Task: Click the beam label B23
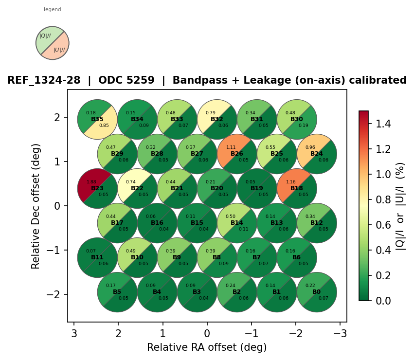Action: (x=97, y=188)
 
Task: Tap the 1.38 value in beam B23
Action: (x=91, y=182)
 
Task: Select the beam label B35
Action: (x=97, y=119)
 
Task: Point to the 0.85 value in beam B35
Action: (x=104, y=126)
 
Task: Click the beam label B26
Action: (x=237, y=154)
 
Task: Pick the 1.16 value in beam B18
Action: (x=291, y=182)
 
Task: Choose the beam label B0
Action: (x=317, y=292)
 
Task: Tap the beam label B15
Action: (x=197, y=223)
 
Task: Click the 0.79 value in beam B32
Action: (x=211, y=113)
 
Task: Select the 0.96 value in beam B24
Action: (x=310, y=147)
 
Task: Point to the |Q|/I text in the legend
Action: (x=45, y=36)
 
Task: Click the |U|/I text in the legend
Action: (x=59, y=50)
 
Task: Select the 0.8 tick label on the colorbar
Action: (x=380, y=199)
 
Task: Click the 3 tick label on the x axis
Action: (x=74, y=333)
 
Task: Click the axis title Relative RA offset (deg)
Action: (x=207, y=347)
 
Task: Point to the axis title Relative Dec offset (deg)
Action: (x=36, y=206)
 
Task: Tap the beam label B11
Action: (x=97, y=257)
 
